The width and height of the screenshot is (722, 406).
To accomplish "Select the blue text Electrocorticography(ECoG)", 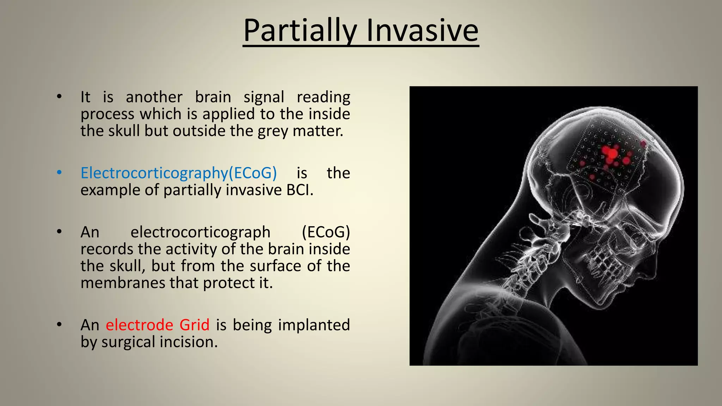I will coord(178,173).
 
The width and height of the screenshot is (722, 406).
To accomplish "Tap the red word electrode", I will coord(140,325).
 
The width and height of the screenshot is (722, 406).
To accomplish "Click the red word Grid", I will coord(194,325).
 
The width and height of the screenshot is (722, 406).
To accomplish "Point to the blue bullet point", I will coord(59,173).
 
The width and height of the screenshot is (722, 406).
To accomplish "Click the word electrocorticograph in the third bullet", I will coord(200,232).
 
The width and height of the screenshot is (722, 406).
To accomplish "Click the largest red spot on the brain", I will coord(612,154).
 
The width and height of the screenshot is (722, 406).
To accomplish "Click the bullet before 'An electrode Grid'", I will coord(59,325).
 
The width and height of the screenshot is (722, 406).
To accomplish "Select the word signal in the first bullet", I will coord(263,97).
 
